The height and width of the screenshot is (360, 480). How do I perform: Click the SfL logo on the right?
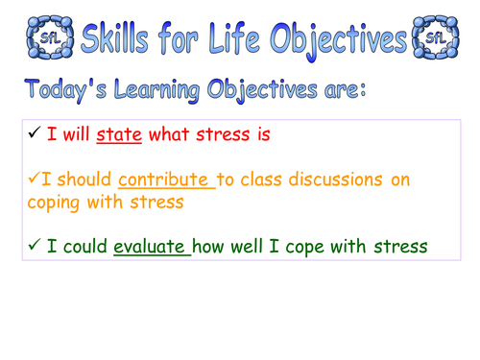point(435,38)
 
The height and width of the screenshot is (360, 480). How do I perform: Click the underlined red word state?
point(120,135)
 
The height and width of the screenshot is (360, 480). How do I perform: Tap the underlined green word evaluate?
point(151,247)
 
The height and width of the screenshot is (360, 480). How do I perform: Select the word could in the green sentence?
point(76,247)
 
